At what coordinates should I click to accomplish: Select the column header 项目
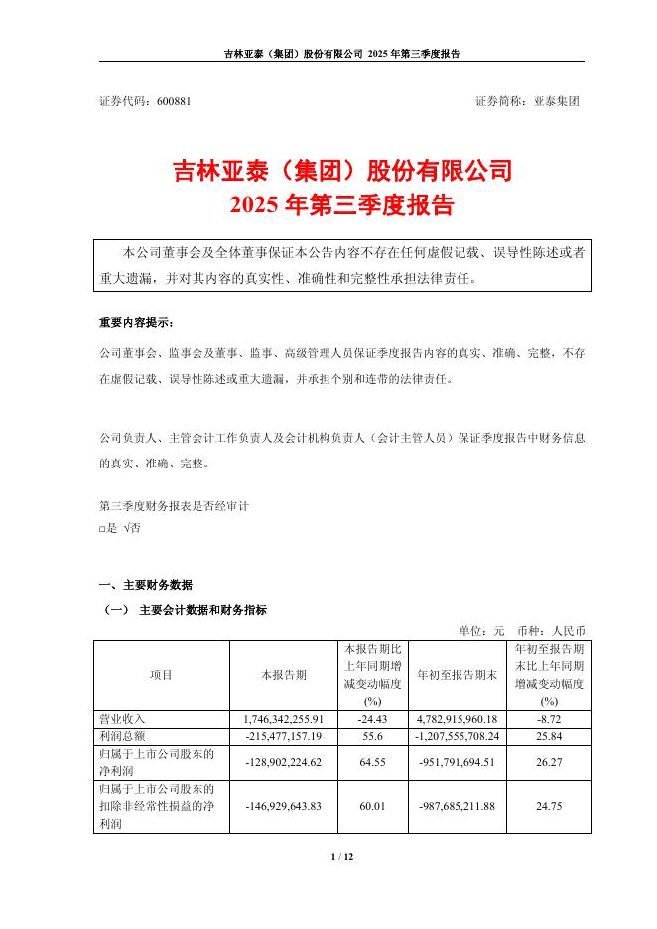click(161, 675)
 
